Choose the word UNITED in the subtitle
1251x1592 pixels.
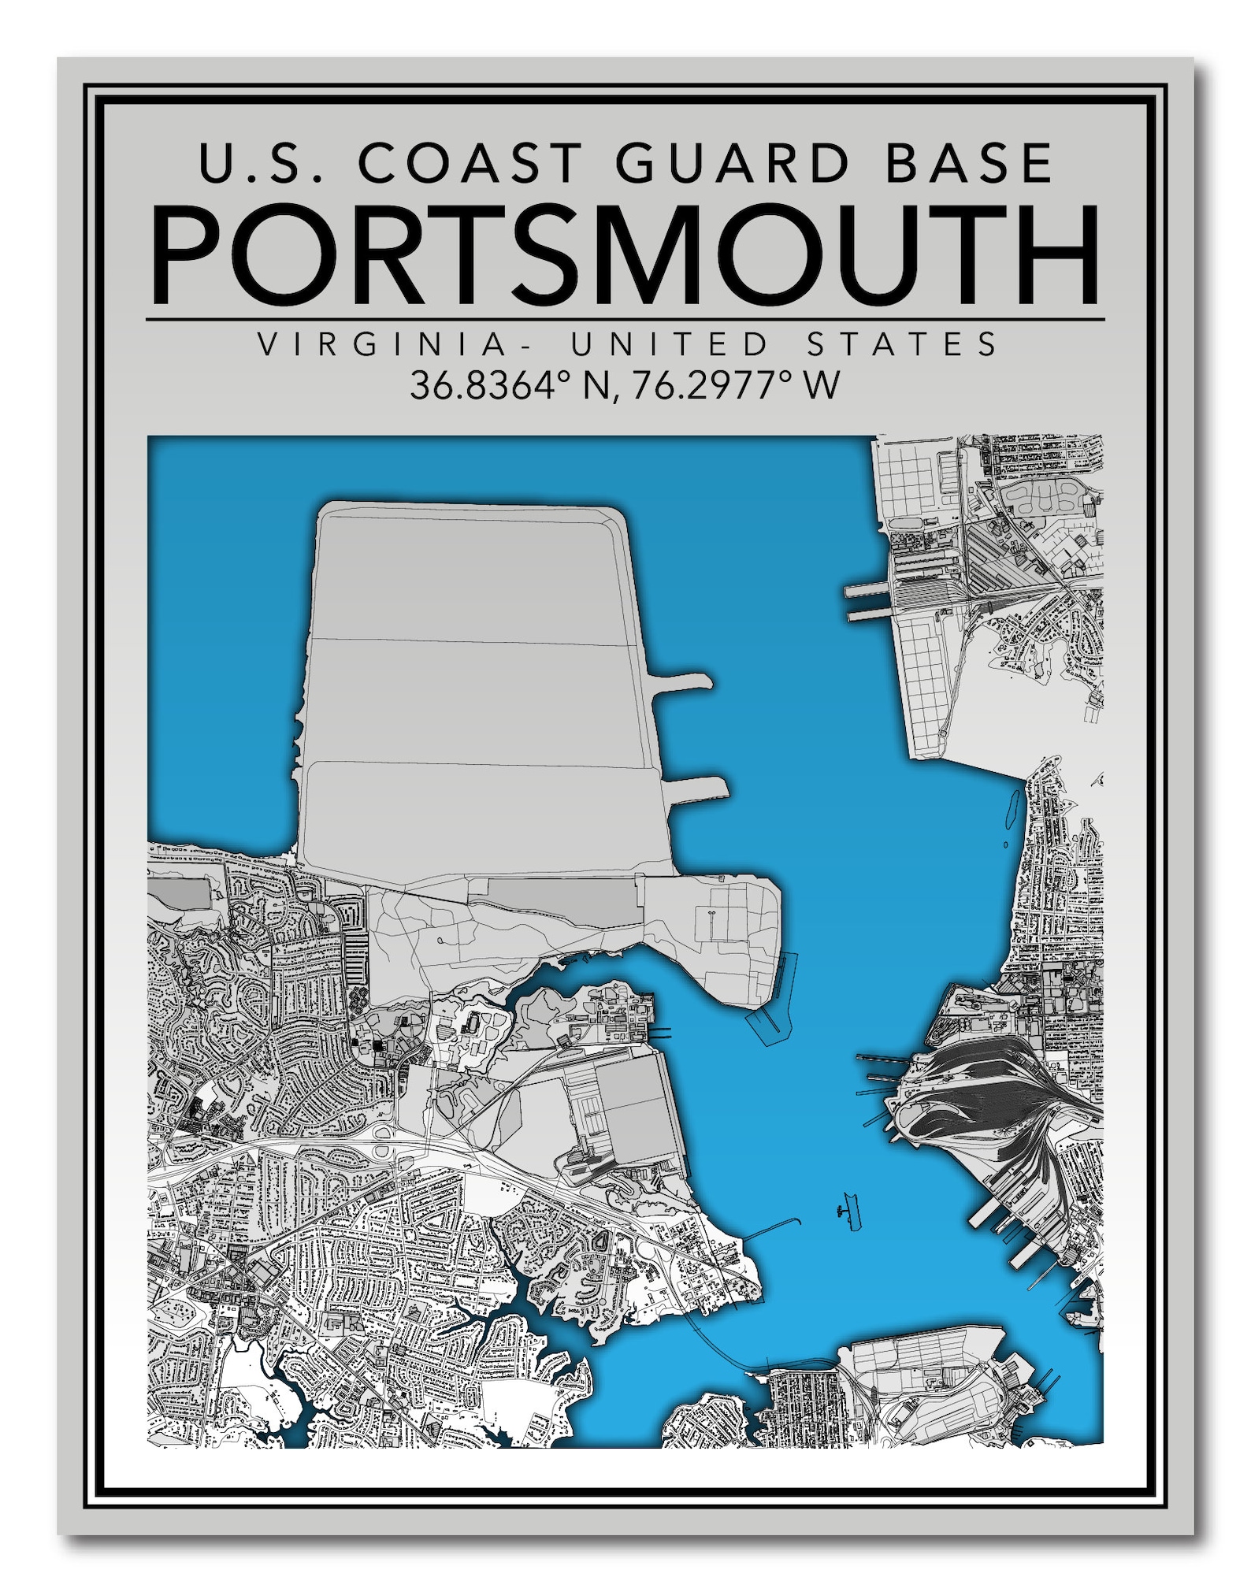pos(670,344)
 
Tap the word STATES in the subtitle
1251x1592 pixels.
pos(903,344)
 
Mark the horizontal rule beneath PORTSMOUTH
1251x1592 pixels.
pos(625,320)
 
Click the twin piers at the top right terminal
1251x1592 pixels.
pos(867,603)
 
